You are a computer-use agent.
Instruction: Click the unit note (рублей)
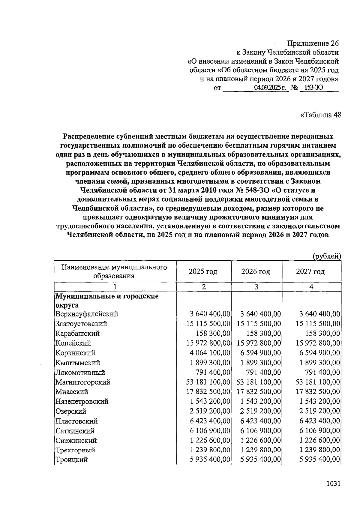pyautogui.click(x=327, y=256)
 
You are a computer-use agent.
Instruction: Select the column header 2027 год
pyautogui.click(x=310, y=272)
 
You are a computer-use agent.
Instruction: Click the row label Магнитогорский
pyautogui.click(x=83, y=382)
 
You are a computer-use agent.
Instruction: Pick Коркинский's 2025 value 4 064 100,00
pyautogui.click(x=210, y=353)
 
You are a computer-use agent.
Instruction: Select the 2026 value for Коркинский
pyautogui.click(x=260, y=353)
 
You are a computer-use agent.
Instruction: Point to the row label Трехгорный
pyautogui.click(x=75, y=450)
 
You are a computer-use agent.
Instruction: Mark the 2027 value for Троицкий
pyautogui.click(x=319, y=460)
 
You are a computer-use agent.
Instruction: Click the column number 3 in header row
pyautogui.click(x=256, y=287)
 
